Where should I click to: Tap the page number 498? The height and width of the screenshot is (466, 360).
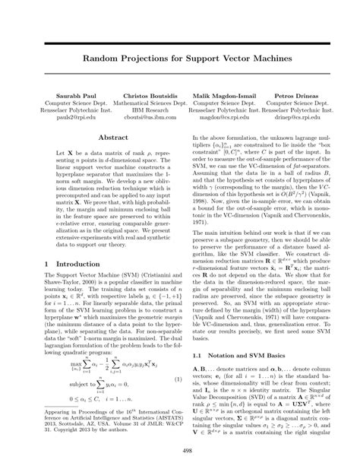(x=180, y=451)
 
